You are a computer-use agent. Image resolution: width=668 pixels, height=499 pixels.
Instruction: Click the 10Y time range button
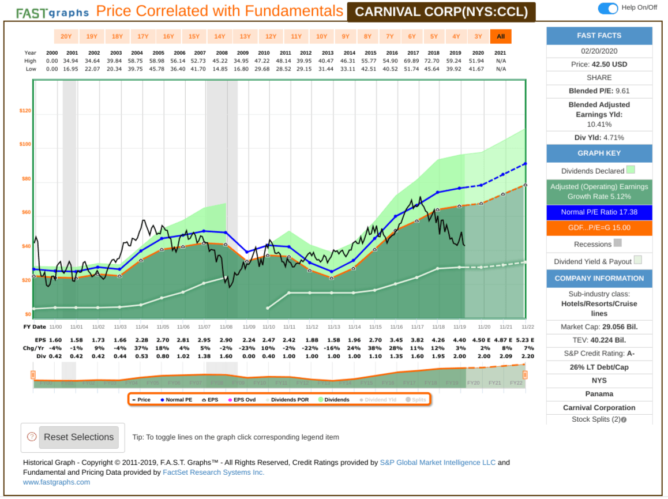(x=321, y=36)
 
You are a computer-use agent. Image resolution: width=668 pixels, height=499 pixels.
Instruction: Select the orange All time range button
(x=500, y=36)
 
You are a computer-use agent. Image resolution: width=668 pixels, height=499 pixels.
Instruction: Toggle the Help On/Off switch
(x=607, y=7)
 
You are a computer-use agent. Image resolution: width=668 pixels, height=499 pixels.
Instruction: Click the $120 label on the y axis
(x=25, y=110)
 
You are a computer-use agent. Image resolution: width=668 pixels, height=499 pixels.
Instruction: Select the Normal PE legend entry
(x=177, y=399)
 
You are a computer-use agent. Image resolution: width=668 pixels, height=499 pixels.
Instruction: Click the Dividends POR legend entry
(x=288, y=399)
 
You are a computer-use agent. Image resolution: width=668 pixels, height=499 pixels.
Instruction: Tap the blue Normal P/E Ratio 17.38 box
(x=599, y=212)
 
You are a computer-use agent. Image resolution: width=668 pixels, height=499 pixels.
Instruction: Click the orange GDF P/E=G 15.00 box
(x=599, y=228)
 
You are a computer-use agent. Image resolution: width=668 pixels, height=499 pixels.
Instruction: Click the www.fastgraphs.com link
(x=57, y=482)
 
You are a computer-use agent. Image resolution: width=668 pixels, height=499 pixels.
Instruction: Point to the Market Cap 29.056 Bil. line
(x=599, y=327)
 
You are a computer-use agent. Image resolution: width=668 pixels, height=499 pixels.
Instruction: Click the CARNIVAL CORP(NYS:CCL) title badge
(x=441, y=12)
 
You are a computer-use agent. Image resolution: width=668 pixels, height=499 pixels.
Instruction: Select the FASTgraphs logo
(x=52, y=12)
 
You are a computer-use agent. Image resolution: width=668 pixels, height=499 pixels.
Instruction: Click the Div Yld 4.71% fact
(x=599, y=137)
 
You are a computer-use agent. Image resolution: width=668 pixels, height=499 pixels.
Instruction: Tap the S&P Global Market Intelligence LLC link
(x=437, y=462)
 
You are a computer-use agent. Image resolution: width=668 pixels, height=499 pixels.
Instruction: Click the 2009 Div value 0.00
(x=242, y=356)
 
